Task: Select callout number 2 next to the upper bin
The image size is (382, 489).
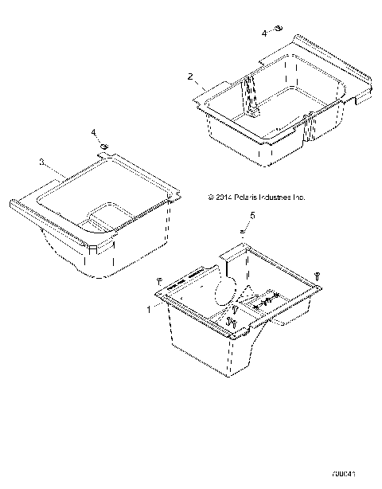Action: coord(189,77)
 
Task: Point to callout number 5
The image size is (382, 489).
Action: coord(253,215)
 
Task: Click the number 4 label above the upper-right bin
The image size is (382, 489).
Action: coord(266,33)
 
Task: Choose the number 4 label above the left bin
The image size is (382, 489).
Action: coord(93,131)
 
